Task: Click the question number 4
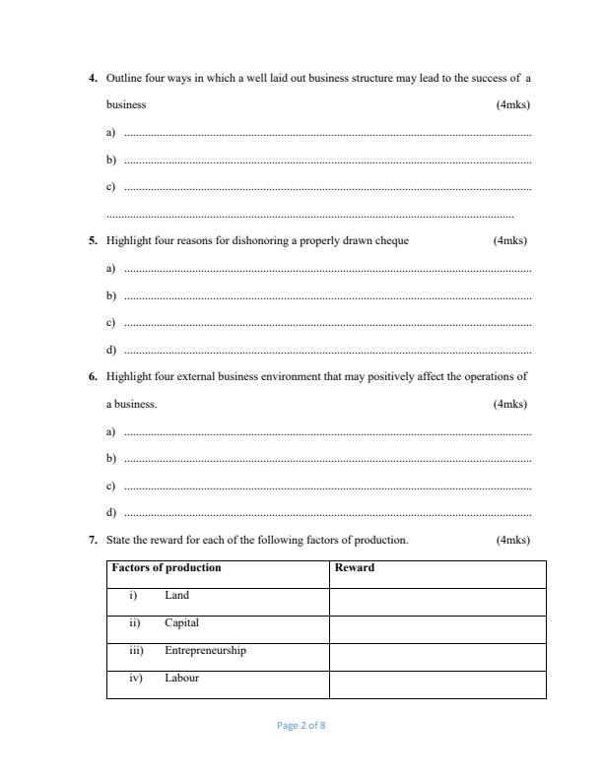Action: point(93,77)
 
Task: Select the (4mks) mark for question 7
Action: point(512,540)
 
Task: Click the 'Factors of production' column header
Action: point(167,568)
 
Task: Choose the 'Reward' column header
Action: point(355,568)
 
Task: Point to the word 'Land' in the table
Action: point(176,596)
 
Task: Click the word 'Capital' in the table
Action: point(181,623)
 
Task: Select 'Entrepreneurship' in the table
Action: point(205,651)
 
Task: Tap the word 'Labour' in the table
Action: point(181,678)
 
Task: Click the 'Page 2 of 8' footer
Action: point(301,726)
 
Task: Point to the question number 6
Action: point(93,376)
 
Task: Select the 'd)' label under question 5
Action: point(110,350)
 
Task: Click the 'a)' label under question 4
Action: point(110,132)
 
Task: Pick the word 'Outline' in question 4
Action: point(124,77)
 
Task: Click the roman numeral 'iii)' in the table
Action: point(137,651)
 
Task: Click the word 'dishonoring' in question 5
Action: point(231,240)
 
